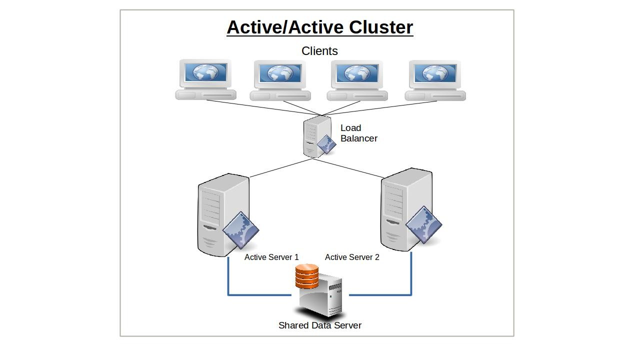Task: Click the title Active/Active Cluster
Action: point(320,27)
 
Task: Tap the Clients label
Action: point(319,51)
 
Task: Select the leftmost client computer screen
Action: point(205,73)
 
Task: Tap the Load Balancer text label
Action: point(358,133)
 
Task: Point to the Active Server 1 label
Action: point(271,257)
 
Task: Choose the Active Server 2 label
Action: point(352,257)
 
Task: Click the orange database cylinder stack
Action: point(307,276)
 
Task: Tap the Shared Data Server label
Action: point(320,325)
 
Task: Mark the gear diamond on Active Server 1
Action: point(240,230)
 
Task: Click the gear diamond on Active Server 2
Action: point(423,224)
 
